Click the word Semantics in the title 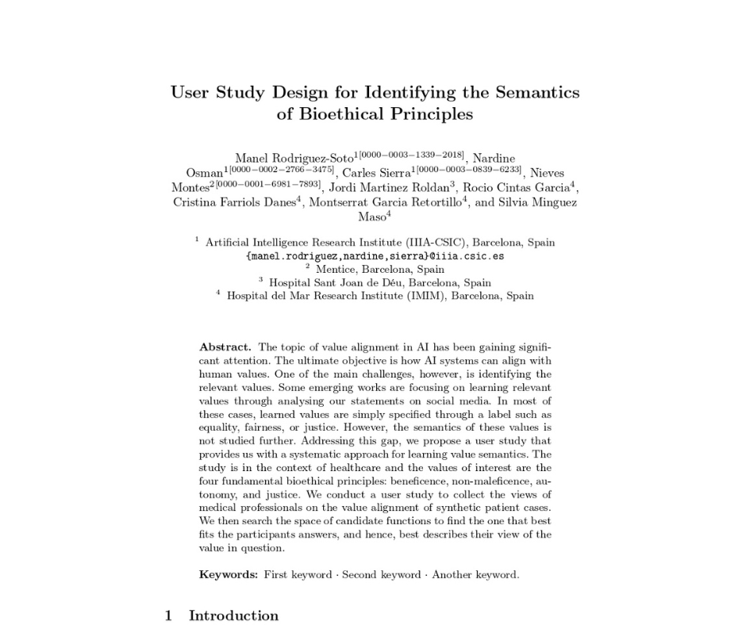[x=537, y=92]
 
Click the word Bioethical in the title [x=343, y=114]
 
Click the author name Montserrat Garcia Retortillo [x=386, y=202]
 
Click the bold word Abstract [x=225, y=347]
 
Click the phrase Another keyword [x=475, y=574]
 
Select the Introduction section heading [x=233, y=615]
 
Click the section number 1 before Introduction [x=168, y=615]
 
